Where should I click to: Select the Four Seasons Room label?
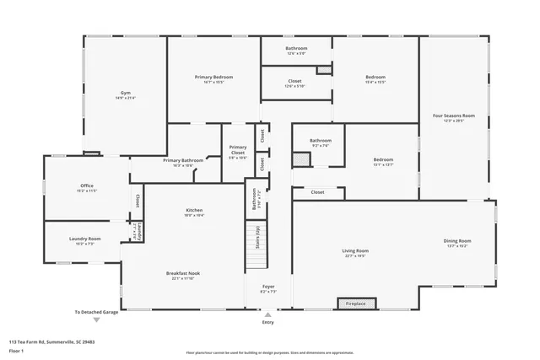coord(454,116)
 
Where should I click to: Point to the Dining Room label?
coord(457,241)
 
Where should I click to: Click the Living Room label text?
coord(354,250)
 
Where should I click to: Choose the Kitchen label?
coord(194,210)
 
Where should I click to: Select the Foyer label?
coord(267,287)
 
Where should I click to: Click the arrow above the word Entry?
coord(267,314)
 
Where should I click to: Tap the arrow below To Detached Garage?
coord(95,320)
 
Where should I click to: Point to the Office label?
coord(87,185)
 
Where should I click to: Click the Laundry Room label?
coord(84,239)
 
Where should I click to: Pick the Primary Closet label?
coord(238,150)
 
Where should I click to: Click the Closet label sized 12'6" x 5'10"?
coord(295,81)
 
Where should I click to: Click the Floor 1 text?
coord(16,352)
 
